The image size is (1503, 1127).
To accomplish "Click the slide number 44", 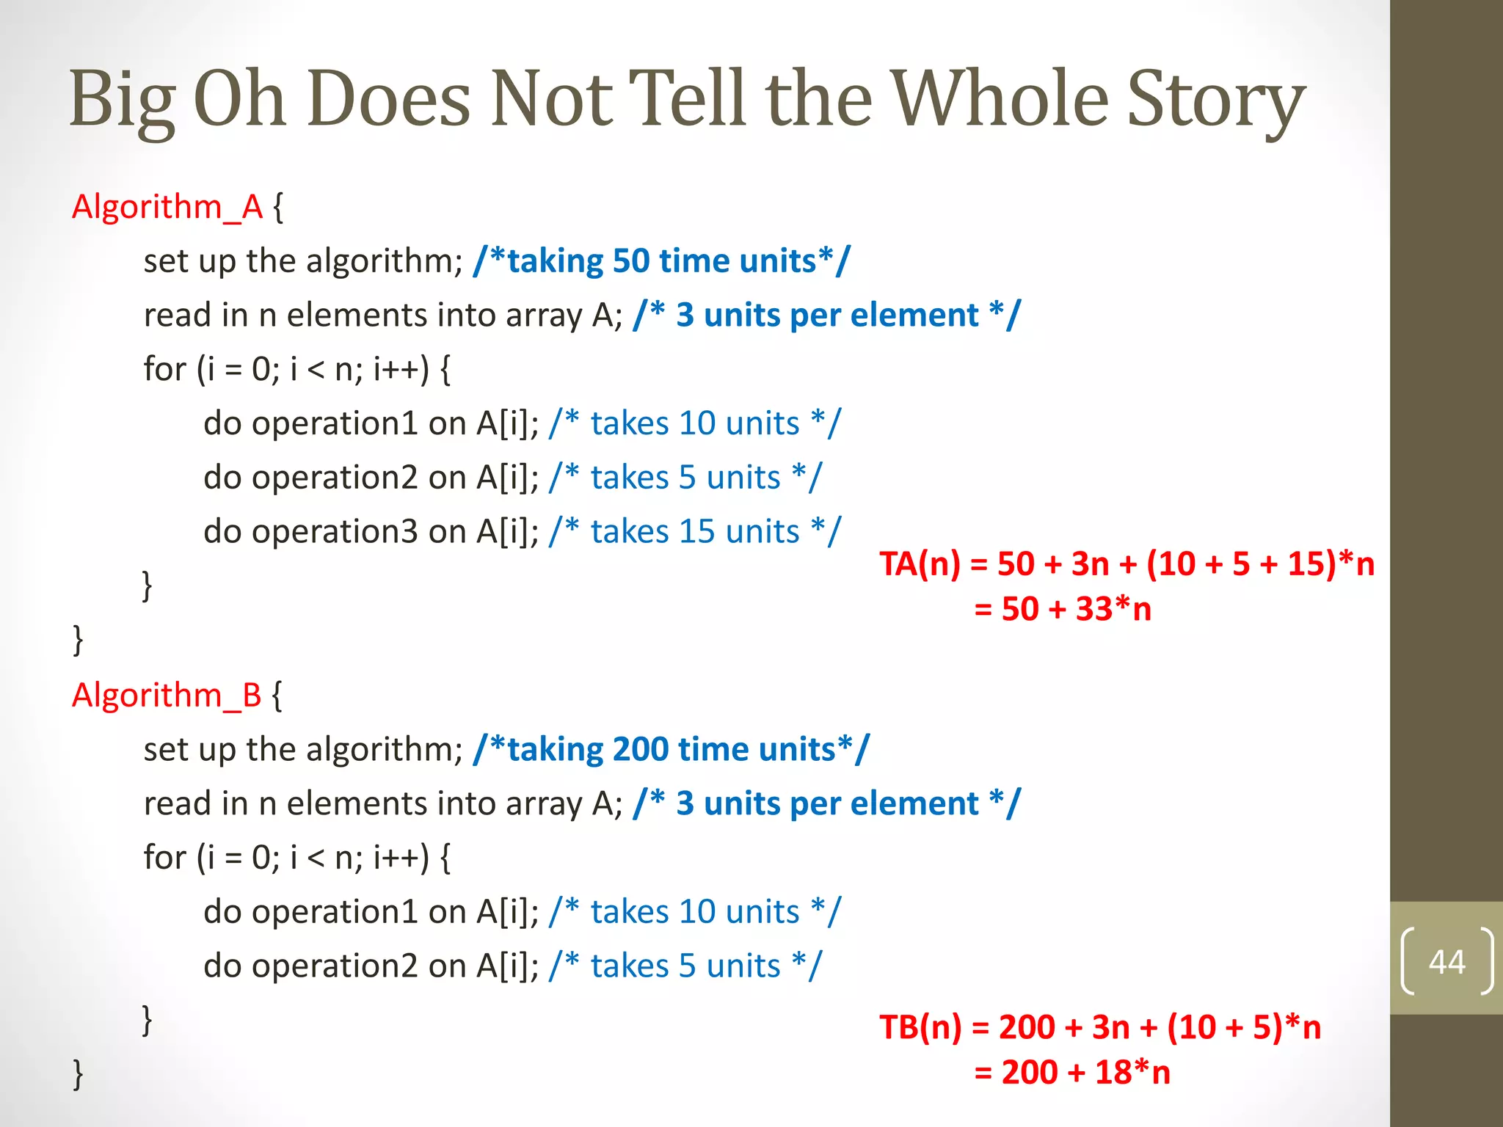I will (1446, 962).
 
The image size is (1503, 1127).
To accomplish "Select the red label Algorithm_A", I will (167, 207).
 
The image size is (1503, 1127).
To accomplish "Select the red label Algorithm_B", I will (167, 695).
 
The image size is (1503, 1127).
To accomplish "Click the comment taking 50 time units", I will (662, 261).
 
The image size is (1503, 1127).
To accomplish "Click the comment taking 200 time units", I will (672, 750).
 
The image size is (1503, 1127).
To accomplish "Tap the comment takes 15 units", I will (695, 532).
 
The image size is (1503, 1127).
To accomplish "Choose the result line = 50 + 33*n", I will (1063, 609).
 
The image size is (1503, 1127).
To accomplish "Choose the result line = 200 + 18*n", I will (1072, 1073).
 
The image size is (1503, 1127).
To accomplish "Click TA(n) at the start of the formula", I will (920, 564).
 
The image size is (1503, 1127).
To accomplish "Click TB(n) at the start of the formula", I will (920, 1027).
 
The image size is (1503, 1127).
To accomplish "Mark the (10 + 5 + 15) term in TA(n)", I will (1240, 564).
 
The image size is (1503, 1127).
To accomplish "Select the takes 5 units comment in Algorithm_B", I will (685, 966).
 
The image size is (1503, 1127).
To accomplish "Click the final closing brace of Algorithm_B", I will (78, 1074).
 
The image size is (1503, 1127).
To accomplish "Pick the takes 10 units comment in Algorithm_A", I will (695, 424).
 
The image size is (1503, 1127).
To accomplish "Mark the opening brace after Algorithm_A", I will (278, 208).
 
